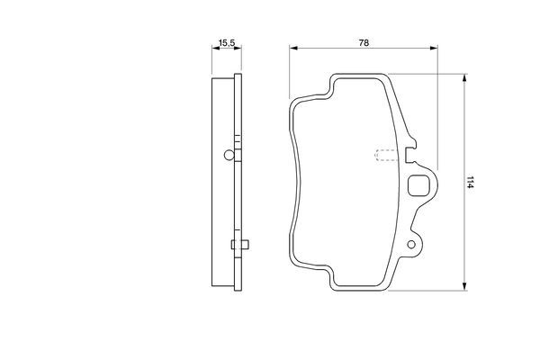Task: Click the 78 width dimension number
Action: click(364, 42)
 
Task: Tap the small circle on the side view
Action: click(229, 155)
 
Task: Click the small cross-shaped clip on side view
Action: click(237, 247)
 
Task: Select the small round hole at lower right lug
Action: click(414, 244)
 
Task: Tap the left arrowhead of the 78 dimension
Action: click(292, 49)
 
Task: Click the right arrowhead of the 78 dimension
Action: click(438, 49)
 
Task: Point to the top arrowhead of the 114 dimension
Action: click(464, 77)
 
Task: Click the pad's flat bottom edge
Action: click(360, 292)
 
